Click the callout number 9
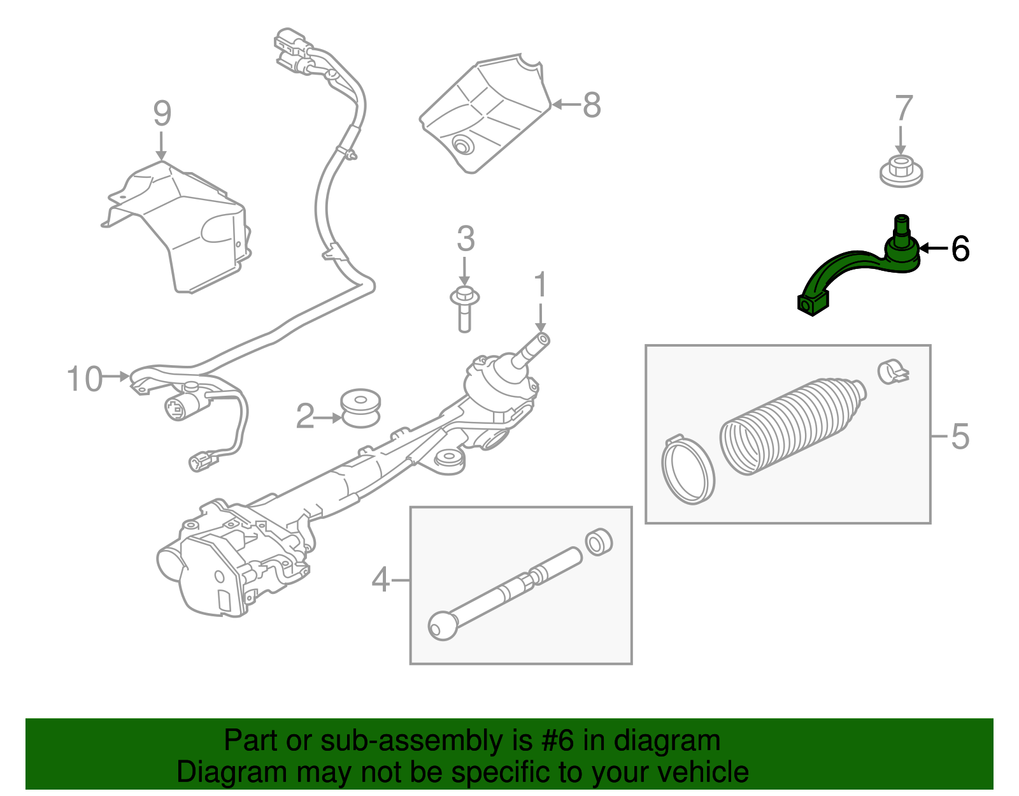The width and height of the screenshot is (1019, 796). (162, 113)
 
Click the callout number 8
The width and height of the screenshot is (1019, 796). (592, 105)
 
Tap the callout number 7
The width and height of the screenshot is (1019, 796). (904, 108)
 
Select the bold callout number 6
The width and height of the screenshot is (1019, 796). (960, 249)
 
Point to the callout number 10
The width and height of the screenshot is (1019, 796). (85, 379)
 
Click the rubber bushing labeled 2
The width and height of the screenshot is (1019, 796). (360, 409)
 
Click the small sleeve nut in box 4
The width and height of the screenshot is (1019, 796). (599, 542)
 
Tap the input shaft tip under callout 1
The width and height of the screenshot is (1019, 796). (542, 340)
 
